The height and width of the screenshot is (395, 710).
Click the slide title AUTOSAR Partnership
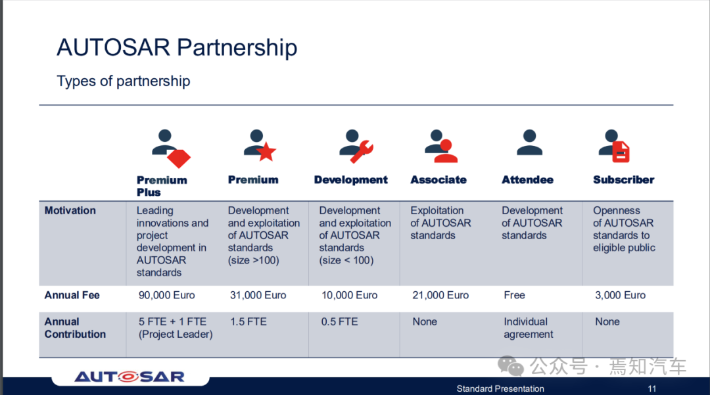[177, 48]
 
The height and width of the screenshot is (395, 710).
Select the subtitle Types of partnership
[123, 81]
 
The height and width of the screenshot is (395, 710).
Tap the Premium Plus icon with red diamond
[171, 149]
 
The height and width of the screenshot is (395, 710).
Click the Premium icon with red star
[260, 145]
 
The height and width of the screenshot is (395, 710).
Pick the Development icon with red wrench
[356, 146]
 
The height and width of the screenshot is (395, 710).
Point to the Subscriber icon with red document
[614, 146]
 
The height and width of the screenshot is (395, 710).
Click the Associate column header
[438, 179]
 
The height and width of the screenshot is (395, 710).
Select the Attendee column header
[527, 179]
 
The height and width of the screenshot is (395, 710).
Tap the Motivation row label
[70, 210]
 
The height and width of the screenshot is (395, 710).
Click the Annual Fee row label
[72, 295]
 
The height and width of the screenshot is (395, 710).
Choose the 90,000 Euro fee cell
[166, 295]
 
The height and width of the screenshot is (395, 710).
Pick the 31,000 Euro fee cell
[258, 295]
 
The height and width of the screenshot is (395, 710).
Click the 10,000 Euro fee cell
[349, 295]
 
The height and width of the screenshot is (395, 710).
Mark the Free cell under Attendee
[514, 295]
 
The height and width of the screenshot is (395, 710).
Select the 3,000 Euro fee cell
[621, 295]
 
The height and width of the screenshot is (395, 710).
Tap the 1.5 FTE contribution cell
[248, 321]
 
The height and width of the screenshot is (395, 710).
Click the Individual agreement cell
[529, 328]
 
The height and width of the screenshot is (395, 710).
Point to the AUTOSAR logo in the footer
[130, 377]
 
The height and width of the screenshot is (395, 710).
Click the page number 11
[652, 388]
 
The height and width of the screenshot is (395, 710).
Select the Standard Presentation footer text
[500, 388]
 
